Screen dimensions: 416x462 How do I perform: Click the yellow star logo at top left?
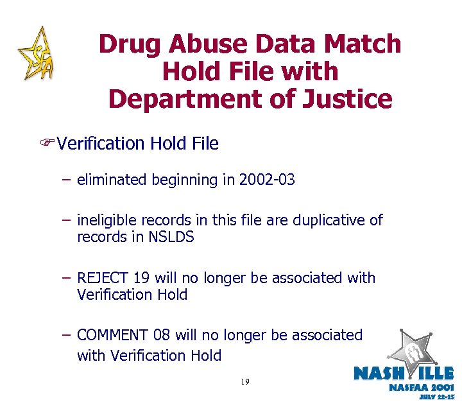36,53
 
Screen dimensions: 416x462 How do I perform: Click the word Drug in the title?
131,44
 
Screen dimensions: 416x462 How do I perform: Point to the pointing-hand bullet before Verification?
46,143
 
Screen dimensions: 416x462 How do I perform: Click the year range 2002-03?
267,180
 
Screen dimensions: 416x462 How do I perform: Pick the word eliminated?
112,180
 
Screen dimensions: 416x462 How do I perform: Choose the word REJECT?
103,279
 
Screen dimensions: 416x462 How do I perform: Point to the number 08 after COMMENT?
163,336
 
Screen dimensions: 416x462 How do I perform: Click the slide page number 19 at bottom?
245,382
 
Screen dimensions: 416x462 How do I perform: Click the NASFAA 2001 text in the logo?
422,388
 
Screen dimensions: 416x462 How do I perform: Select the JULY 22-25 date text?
436,398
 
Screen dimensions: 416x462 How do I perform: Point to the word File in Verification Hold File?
205,143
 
